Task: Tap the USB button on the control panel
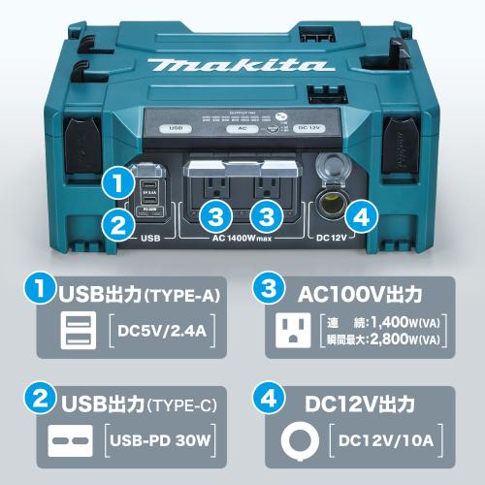click(176, 127)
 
